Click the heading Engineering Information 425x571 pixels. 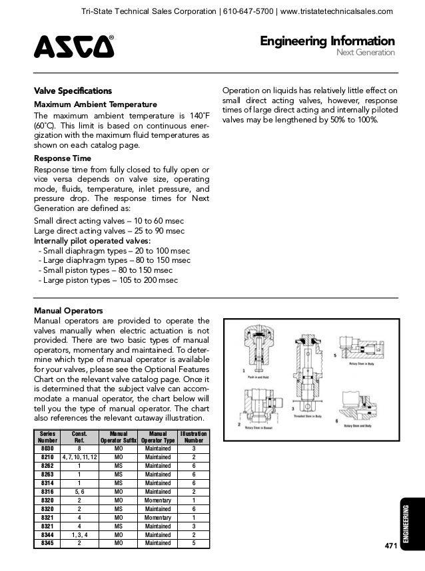(x=327, y=42)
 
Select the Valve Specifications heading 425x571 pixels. (x=73, y=91)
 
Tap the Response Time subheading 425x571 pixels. (x=63, y=159)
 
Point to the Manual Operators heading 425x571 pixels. (x=68, y=310)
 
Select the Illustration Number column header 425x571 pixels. (x=194, y=436)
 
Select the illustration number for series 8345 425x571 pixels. (x=194, y=542)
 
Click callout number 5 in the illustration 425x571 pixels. (x=335, y=355)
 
